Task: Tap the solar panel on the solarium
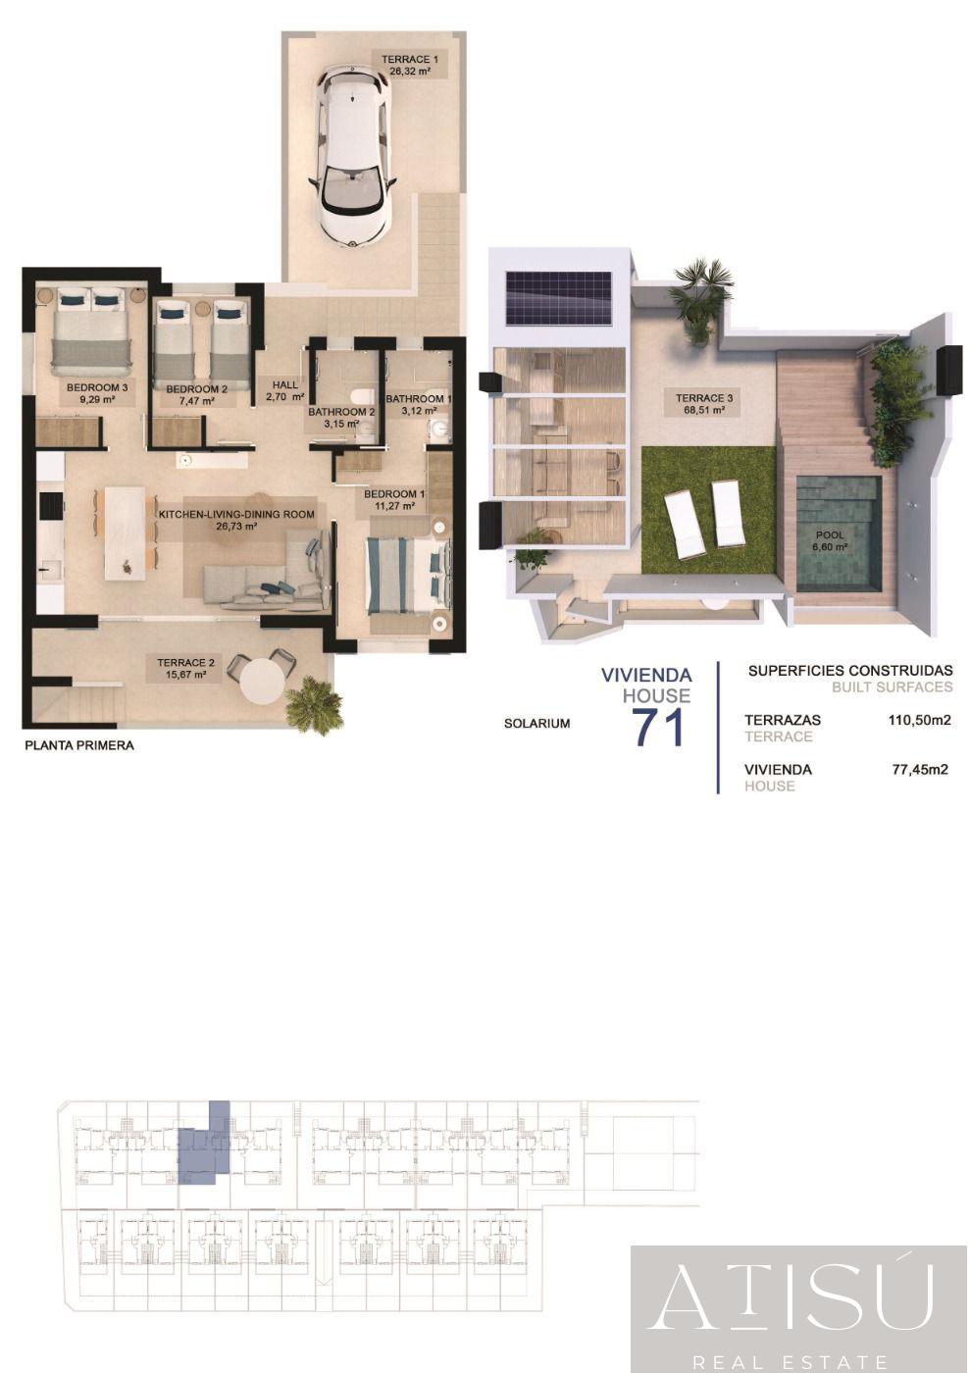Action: [558, 298]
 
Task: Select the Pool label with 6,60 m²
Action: [829, 540]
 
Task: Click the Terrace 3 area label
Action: [704, 403]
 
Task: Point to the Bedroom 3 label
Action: [97, 393]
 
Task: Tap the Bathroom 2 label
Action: [341, 418]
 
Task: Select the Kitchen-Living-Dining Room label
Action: [236, 520]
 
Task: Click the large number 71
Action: [658, 728]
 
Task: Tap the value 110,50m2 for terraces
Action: [919, 720]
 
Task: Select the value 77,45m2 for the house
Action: [920, 769]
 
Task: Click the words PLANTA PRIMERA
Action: [79, 746]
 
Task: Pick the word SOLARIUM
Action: [536, 724]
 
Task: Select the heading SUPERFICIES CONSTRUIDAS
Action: [850, 670]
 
